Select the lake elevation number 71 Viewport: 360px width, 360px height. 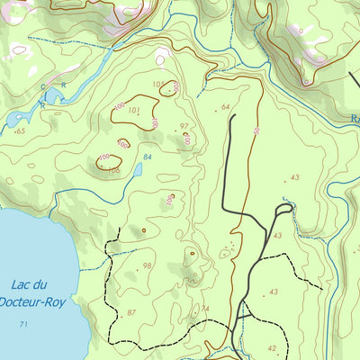(x=23, y=324)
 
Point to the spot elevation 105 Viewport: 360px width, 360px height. (x=159, y=85)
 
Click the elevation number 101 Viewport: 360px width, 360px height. (x=134, y=111)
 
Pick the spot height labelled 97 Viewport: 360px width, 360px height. (x=184, y=127)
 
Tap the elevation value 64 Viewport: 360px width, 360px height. (x=225, y=107)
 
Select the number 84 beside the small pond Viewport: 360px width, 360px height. (x=148, y=157)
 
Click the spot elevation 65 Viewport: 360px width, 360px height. (x=20, y=131)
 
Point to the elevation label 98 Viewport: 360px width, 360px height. (x=147, y=265)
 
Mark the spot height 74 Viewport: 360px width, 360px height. (x=205, y=309)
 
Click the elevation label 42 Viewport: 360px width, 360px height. (x=272, y=347)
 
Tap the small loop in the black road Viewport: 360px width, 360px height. (x=283, y=210)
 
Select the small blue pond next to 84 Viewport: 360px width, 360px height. (x=139, y=169)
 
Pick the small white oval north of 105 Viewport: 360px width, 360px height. (x=161, y=60)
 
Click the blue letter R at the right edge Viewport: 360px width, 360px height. (x=355, y=117)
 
